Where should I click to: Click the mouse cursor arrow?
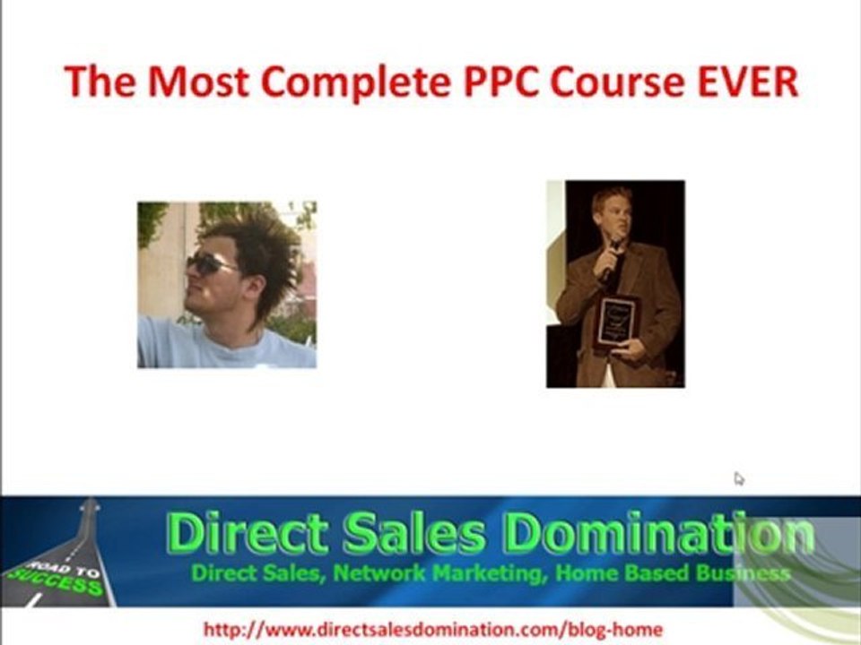(738, 478)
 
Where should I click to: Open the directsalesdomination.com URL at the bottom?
(433, 630)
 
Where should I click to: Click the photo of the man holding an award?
(615, 284)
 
